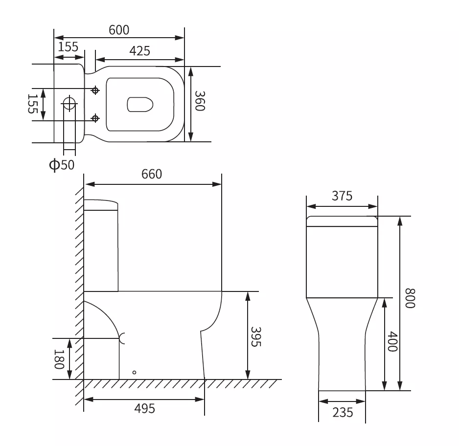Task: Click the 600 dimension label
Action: pos(119,30)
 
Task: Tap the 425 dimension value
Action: pos(139,51)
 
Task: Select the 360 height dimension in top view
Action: pos(200,101)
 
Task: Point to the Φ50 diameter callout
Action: pos(62,165)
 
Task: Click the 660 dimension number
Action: pos(152,174)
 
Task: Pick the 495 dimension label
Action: pos(145,408)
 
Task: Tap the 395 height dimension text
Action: pos(256,336)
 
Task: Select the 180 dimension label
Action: pos(59,359)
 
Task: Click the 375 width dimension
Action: pos(342,196)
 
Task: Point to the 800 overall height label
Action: pos(410,298)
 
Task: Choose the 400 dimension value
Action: pos(392,341)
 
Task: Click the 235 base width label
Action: pos(343,413)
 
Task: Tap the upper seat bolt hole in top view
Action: pos(95,90)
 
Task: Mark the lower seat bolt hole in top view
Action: pos(95,118)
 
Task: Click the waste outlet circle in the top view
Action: pos(69,103)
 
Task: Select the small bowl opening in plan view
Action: pos(140,104)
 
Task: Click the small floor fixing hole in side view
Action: pos(134,372)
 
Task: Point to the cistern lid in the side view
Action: pos(101,205)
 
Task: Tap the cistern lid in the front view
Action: pos(342,221)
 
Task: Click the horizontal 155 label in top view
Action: pos(68,47)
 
